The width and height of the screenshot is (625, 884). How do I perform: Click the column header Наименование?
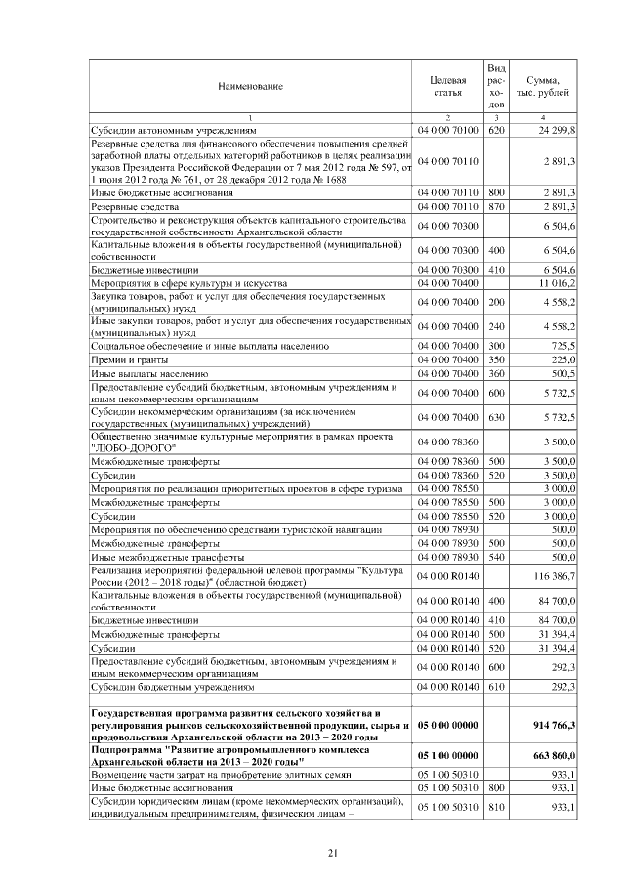point(250,86)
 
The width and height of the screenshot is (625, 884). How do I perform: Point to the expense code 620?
point(495,130)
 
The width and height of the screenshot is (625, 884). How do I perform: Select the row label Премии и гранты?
point(128,359)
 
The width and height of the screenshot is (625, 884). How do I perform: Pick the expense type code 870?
point(495,208)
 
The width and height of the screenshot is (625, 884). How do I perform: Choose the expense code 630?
point(495,418)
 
